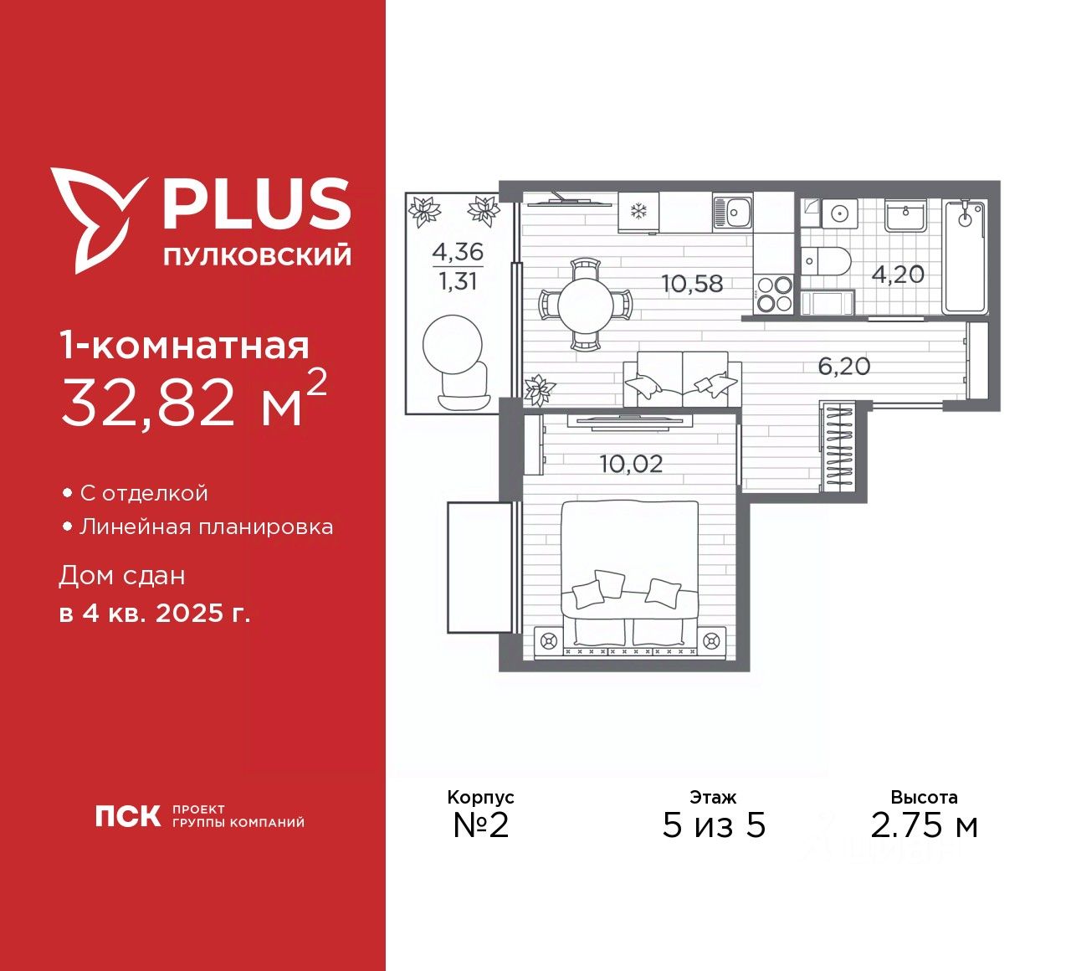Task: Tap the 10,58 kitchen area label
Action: [692, 283]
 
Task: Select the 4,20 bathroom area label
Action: [898, 274]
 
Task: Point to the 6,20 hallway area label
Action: [843, 366]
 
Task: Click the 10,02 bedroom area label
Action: [631, 463]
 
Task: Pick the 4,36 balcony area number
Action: [458, 250]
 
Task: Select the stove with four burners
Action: [774, 294]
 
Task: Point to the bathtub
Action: [966, 255]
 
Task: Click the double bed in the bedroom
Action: [629, 578]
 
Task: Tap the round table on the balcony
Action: [453, 342]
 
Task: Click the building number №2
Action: [481, 825]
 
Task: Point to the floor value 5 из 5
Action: [714, 826]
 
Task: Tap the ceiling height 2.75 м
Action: [924, 826]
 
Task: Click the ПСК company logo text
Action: [127, 816]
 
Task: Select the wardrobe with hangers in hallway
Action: [838, 448]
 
